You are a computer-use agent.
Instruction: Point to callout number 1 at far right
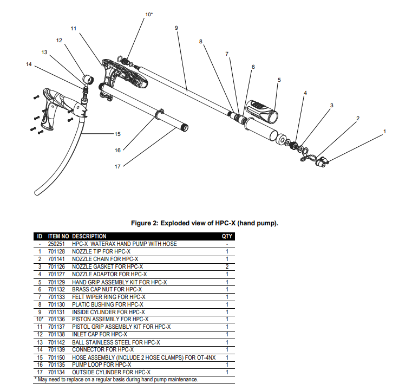[384, 131]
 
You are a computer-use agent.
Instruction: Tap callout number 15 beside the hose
[117, 133]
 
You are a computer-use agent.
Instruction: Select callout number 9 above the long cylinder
[176, 27]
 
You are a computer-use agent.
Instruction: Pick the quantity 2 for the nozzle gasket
[227, 266]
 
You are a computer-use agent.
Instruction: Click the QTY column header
[227, 236]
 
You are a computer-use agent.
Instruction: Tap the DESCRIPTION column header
[89, 236]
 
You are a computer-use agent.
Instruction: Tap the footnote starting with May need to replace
[117, 380]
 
